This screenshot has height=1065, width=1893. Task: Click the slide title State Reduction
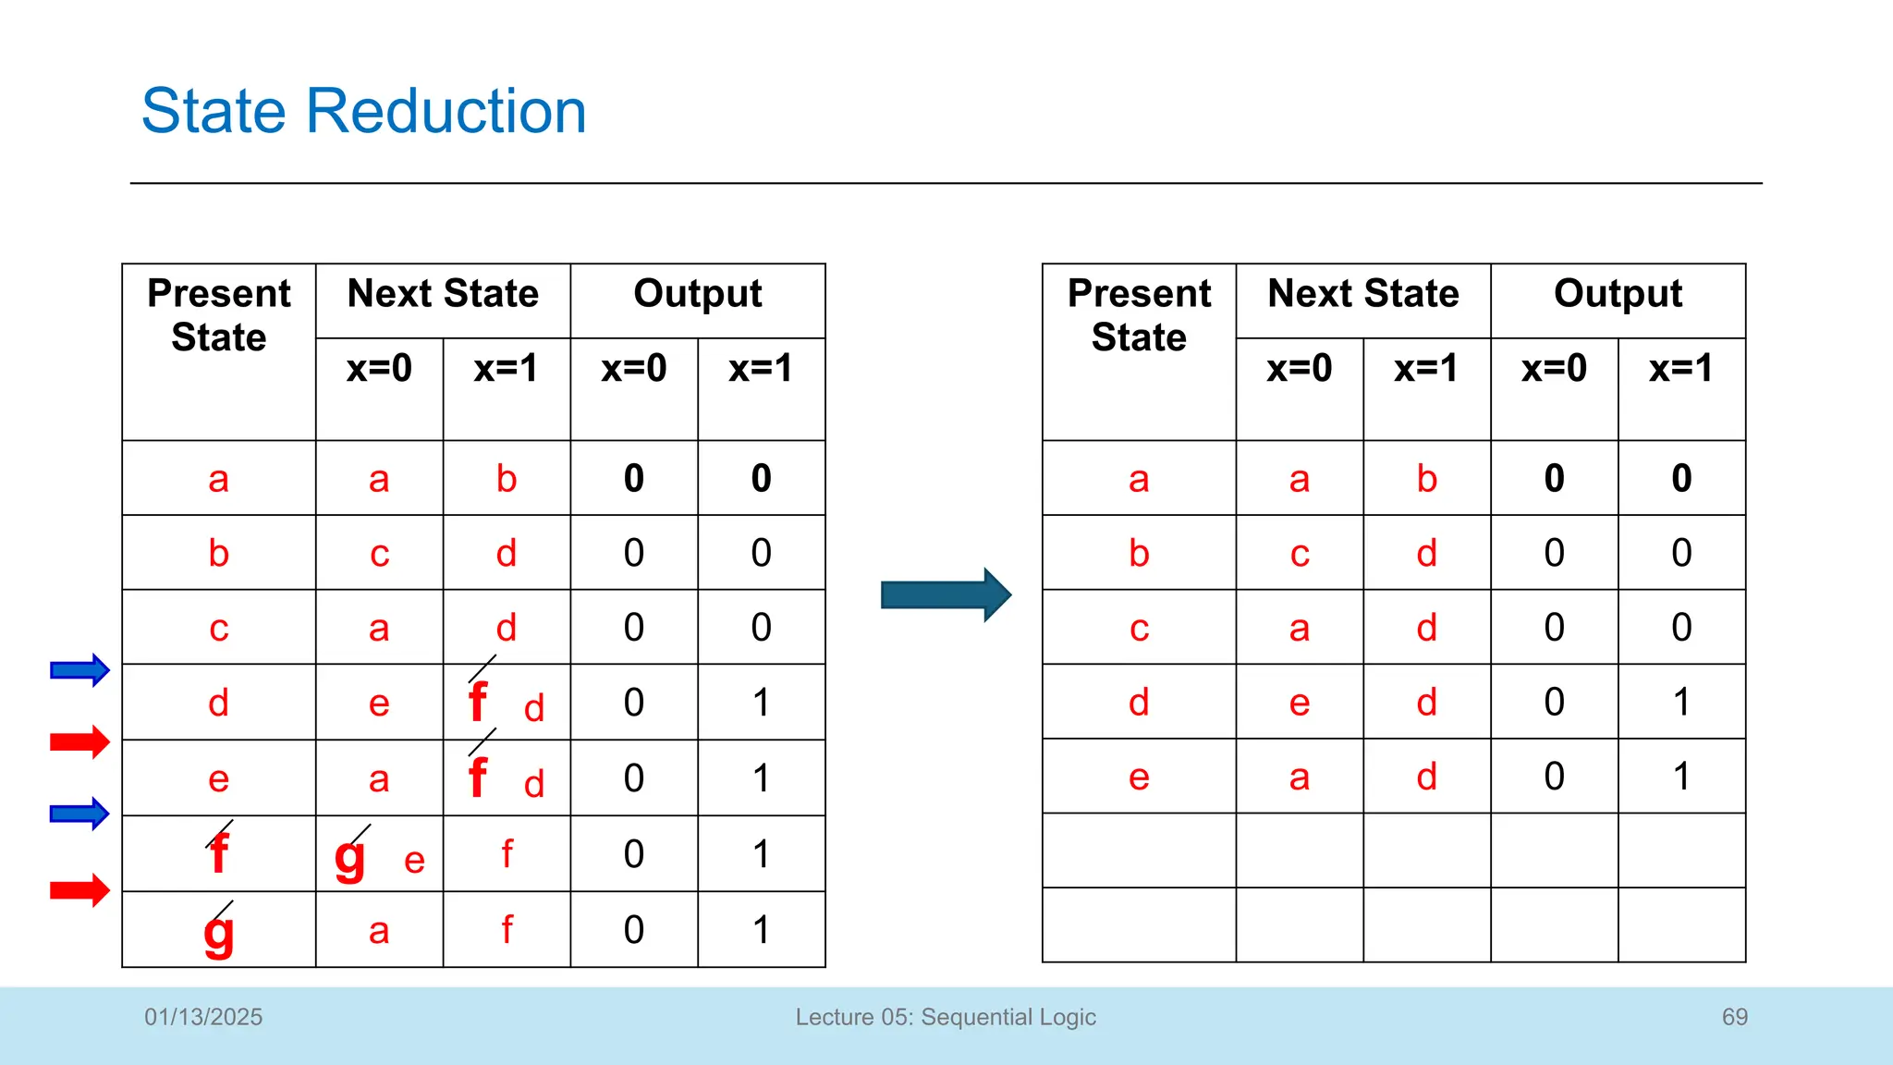(363, 111)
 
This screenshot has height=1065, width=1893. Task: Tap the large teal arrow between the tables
(946, 594)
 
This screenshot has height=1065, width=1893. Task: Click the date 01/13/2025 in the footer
(203, 1017)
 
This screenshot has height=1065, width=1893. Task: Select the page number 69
(1734, 1017)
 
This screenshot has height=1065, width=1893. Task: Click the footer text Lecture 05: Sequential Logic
(946, 1017)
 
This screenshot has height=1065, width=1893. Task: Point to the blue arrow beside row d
(79, 670)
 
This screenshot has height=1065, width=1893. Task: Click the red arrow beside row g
(79, 890)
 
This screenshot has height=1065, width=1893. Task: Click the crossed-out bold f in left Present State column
(219, 852)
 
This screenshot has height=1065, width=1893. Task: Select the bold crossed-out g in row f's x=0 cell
(350, 857)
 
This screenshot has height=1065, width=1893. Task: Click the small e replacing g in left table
(414, 862)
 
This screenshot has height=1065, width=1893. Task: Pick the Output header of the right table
(1618, 294)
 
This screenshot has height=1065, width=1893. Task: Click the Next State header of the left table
(443, 294)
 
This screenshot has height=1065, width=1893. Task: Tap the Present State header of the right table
(1139, 315)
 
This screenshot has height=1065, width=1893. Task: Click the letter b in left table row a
(506, 479)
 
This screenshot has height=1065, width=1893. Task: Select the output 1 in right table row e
(1681, 777)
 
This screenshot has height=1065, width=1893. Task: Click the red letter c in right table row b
(1300, 554)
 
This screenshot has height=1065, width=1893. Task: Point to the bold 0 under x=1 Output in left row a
(761, 479)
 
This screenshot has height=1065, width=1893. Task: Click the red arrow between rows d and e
(79, 741)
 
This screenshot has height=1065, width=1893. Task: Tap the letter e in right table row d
(1300, 703)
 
